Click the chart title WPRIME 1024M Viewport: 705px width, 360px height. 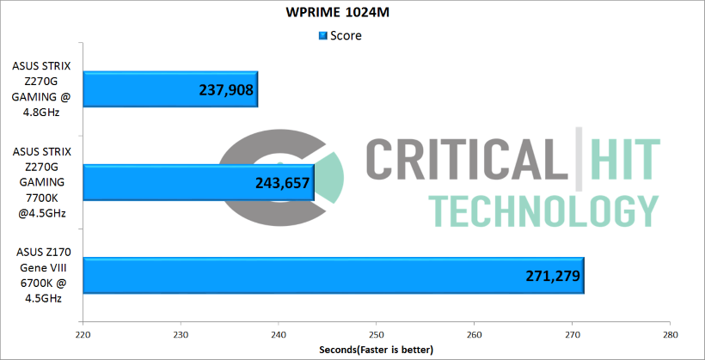click(x=352, y=14)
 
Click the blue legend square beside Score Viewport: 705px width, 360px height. click(x=323, y=36)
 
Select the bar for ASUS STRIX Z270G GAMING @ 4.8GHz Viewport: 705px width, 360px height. click(x=170, y=88)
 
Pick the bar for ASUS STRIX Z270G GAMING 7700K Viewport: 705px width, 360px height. click(x=198, y=182)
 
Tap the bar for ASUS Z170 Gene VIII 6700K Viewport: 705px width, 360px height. click(x=334, y=276)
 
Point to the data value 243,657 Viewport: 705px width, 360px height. click(x=282, y=182)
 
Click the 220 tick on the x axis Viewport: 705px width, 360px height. click(x=83, y=334)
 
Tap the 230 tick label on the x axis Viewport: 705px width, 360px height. click(x=181, y=334)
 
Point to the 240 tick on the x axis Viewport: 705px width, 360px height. click(x=279, y=334)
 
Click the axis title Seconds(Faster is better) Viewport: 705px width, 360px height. click(x=377, y=350)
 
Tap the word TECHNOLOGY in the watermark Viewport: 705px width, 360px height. click(x=544, y=211)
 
